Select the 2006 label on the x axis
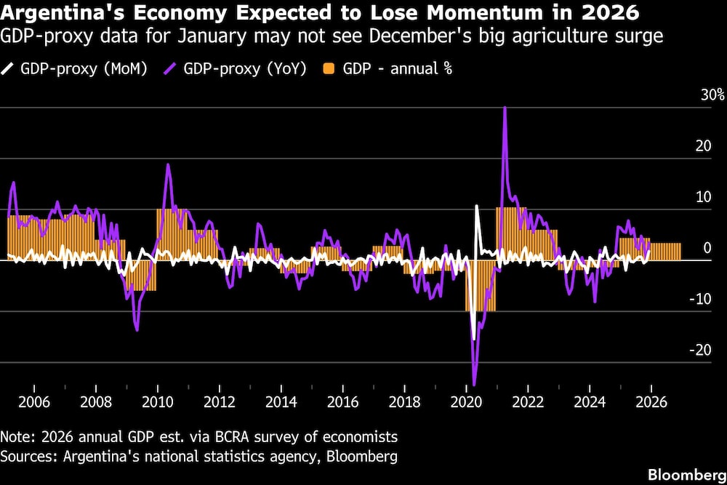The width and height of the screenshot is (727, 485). (x=33, y=401)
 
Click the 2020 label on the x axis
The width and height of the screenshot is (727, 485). (x=466, y=401)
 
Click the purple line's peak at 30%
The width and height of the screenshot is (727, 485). (x=505, y=108)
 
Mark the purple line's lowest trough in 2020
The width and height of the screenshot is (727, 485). (x=474, y=384)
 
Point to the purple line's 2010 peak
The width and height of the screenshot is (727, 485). (x=168, y=164)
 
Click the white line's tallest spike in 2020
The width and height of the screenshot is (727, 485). (x=477, y=207)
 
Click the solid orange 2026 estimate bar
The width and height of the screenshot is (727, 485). (x=665, y=252)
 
